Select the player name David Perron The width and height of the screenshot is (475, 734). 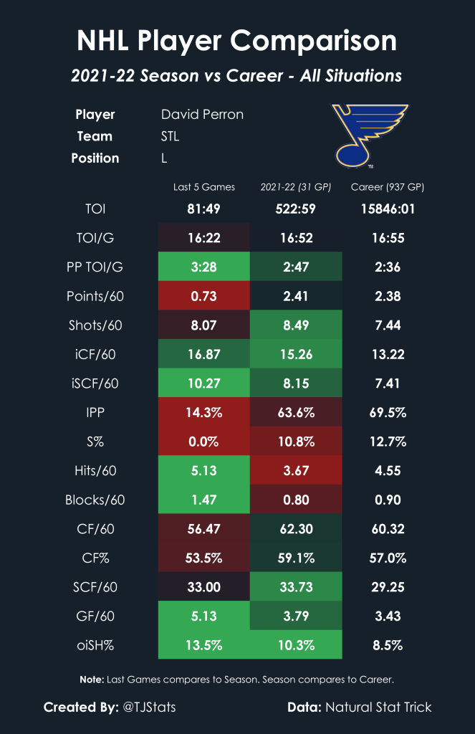tap(202, 115)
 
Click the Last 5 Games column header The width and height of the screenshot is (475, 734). tap(203, 188)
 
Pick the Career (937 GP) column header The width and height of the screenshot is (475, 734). tap(388, 188)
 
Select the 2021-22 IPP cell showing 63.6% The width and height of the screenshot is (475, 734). tap(296, 413)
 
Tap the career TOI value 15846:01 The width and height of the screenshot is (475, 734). tap(388, 209)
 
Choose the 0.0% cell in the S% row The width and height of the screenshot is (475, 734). tap(204, 442)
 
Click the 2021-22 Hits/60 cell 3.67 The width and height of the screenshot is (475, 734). tap(296, 471)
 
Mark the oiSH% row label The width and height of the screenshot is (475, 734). tap(95, 645)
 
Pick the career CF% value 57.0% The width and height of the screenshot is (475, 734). tap(388, 558)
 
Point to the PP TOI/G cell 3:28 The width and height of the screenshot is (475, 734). tap(204, 267)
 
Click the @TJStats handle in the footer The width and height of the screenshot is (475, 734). tap(148, 707)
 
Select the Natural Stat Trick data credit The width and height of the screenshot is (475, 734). tap(379, 707)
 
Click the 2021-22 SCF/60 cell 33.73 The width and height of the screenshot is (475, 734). tap(296, 587)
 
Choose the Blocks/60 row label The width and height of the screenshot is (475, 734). tap(95, 500)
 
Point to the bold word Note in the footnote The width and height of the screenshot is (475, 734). tap(91, 679)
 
